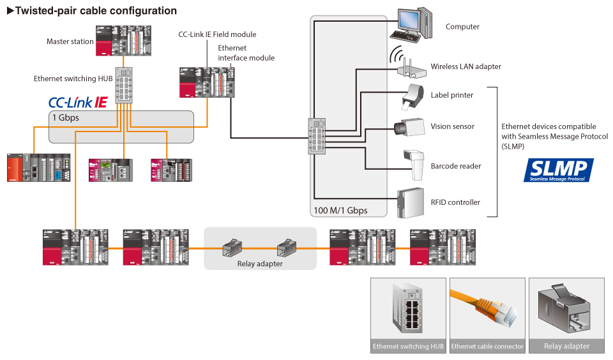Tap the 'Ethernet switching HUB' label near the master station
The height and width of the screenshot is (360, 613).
(x=73, y=79)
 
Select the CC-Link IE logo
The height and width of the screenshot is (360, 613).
(x=78, y=102)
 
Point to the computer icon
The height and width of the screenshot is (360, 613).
(x=412, y=24)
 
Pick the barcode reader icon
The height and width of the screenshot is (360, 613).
(x=414, y=165)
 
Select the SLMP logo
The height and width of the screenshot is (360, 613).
(x=558, y=170)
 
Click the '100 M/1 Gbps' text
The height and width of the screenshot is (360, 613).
(x=340, y=210)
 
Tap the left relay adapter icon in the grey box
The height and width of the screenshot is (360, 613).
(x=232, y=248)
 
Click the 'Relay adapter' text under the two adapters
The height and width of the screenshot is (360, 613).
(x=260, y=264)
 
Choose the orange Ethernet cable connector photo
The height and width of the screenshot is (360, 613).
(x=487, y=310)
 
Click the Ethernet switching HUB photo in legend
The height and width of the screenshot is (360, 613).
(x=409, y=310)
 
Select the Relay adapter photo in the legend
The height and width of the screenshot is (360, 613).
(x=566, y=310)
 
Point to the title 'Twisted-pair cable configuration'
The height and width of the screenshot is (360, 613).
(x=92, y=11)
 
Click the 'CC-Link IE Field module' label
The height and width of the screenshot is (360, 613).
(x=217, y=34)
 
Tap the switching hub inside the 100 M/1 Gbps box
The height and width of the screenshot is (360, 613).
(x=317, y=135)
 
